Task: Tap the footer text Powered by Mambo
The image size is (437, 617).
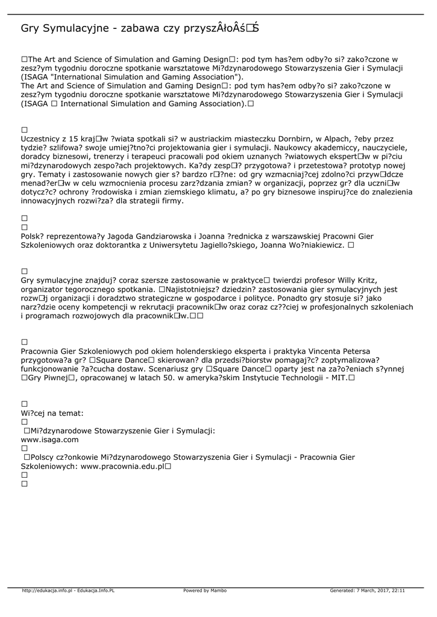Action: (x=205, y=590)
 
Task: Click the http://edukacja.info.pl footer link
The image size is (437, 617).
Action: (x=47, y=590)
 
